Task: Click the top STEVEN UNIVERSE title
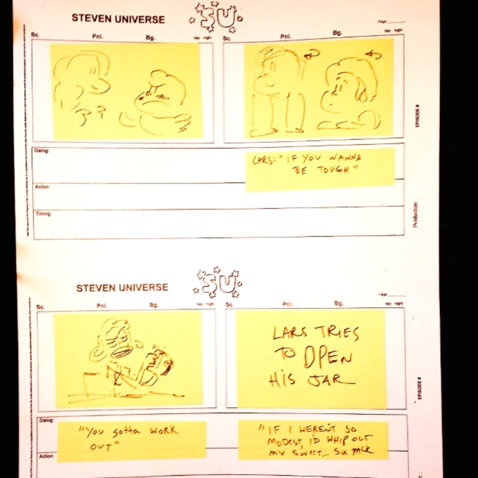pos(118,19)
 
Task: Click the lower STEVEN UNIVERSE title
pos(122,288)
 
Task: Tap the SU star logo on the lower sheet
pos(218,283)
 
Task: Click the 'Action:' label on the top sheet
pos(42,187)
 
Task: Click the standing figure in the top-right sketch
pos(280,91)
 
